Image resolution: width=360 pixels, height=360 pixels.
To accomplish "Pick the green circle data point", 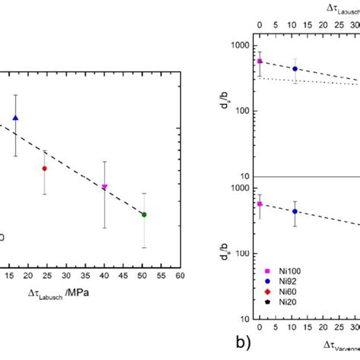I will click(144, 215).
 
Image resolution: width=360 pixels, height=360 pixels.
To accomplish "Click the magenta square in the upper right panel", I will click(260, 62).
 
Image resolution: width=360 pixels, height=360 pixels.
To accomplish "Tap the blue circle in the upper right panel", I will click(295, 68).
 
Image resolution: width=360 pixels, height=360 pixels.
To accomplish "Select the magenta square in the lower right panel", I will click(260, 204).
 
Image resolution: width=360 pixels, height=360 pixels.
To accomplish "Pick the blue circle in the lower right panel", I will click(295, 211).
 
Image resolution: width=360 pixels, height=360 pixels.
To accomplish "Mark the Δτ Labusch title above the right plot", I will click(334, 8).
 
